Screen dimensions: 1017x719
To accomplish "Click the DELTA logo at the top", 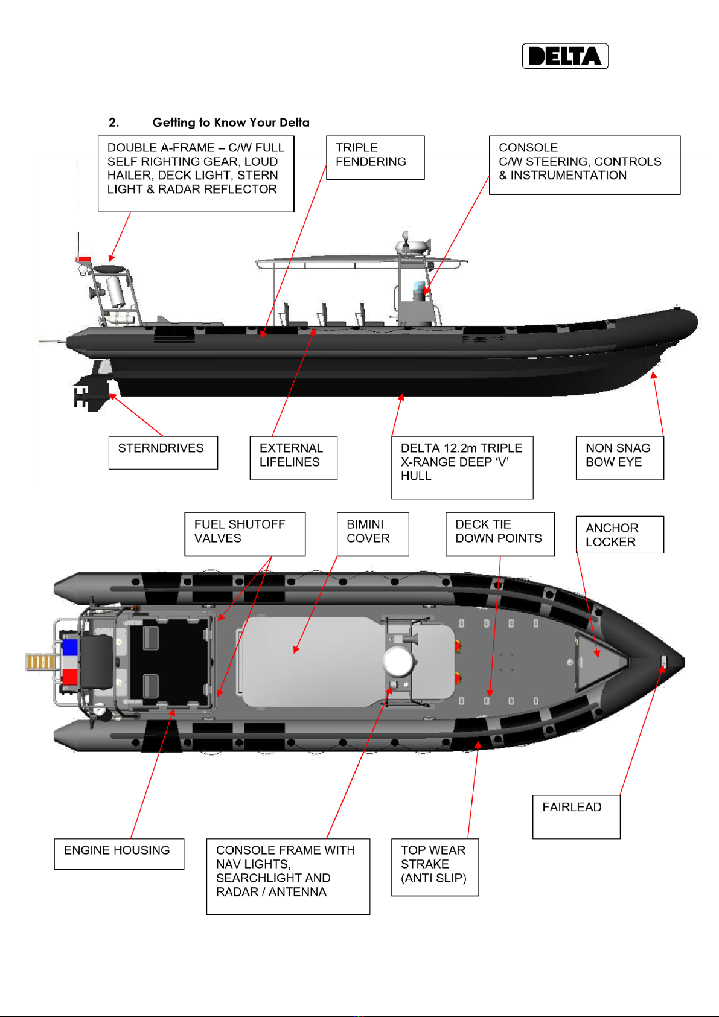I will pos(564,57).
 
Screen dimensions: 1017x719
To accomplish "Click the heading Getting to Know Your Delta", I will pos(230,123).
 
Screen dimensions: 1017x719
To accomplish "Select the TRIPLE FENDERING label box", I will pos(375,158).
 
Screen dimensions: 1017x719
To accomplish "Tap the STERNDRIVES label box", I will pos(163,452).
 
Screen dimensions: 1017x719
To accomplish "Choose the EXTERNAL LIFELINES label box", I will pos(293,457).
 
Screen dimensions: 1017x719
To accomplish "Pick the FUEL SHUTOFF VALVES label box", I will pos(244,534).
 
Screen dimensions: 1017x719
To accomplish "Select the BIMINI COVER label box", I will pos(372,534).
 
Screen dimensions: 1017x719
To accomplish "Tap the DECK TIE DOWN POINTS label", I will pos(500,534).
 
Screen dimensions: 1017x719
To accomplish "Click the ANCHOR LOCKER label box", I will pos(619,534).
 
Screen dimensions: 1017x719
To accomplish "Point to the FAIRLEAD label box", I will pos(576,816).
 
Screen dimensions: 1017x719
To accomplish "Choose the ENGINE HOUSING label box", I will pos(119,853).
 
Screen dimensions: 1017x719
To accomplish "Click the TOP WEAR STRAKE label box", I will pos(435,867).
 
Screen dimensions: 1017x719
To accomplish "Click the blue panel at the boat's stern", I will pos(70,648).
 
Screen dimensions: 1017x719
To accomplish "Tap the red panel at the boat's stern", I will pos(70,677).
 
